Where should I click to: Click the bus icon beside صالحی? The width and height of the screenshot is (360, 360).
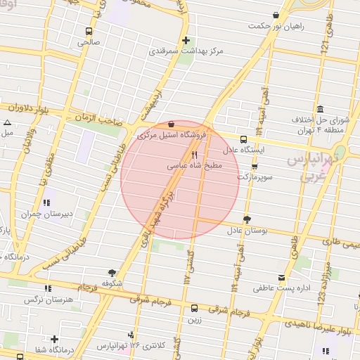tap(89, 31)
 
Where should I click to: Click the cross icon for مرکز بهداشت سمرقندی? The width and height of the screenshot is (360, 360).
tap(186, 40)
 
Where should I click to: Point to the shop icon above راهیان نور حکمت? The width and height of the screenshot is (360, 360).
tap(275, 15)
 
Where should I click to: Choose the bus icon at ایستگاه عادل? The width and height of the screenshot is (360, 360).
tap(243, 139)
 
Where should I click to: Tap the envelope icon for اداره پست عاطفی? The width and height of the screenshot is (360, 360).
tap(282, 278)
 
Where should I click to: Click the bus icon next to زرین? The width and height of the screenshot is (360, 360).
tap(195, 307)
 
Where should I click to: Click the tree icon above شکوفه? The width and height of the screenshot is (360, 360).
tap(112, 272)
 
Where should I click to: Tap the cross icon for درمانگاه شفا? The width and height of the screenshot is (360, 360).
tap(54, 340)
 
